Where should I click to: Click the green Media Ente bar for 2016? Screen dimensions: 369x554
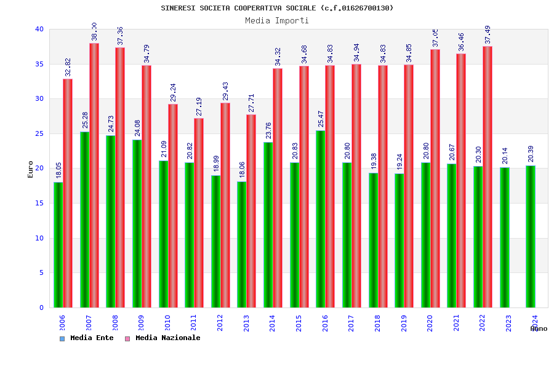click(320, 219)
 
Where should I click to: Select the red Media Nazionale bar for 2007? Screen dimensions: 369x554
click(94, 175)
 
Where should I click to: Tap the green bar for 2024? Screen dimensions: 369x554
click(531, 237)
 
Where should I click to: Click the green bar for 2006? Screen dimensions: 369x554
click(58, 245)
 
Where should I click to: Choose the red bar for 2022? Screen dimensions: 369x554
click(488, 177)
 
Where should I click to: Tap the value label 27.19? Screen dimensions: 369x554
click(199, 106)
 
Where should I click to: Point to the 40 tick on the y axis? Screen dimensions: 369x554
click(39, 29)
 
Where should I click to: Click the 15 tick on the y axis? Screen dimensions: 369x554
click(39, 203)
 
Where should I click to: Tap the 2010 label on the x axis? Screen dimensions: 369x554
click(167, 323)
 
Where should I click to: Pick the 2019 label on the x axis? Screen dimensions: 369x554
click(404, 323)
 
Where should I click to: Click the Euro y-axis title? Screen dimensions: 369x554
click(31, 169)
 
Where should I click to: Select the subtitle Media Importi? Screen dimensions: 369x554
click(277, 20)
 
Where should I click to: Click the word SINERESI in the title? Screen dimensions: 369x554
click(179, 8)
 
